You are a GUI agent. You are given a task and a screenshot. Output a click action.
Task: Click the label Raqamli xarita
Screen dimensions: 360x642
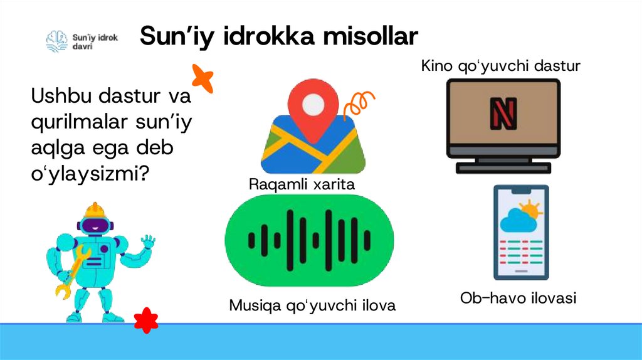click(302, 185)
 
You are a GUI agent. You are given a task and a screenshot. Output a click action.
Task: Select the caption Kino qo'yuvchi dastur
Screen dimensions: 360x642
click(501, 66)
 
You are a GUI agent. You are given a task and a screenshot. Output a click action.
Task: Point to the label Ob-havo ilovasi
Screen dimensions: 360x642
click(518, 298)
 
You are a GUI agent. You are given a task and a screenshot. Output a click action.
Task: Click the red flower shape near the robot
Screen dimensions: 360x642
click(146, 319)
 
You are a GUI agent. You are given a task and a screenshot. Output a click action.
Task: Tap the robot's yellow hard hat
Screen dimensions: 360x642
click(95, 210)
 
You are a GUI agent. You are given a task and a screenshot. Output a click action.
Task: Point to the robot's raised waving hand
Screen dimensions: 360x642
click(147, 241)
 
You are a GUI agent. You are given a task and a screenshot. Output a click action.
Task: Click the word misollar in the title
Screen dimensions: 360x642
click(370, 36)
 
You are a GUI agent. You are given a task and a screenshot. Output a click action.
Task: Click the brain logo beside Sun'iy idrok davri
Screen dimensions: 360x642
click(56, 41)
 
